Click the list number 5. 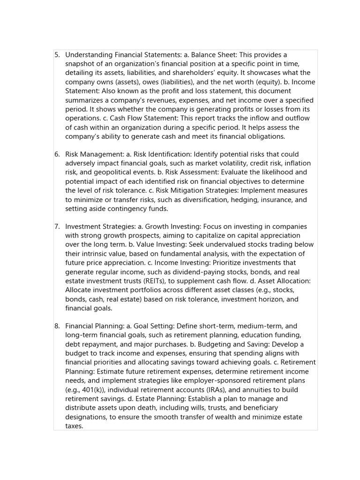(57, 55)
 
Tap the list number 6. (57, 154)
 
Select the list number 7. (57, 226)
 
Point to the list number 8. (57, 326)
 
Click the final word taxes (74, 426)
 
